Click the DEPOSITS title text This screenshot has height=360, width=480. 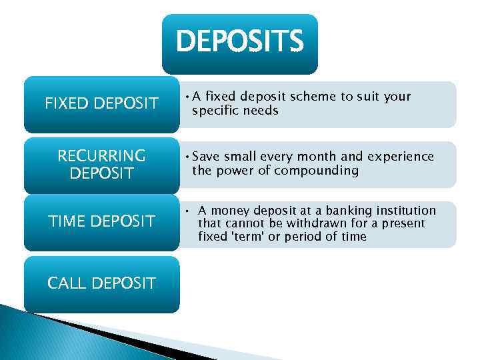pyautogui.click(x=239, y=41)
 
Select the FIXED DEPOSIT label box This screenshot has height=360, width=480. pyautogui.click(x=101, y=104)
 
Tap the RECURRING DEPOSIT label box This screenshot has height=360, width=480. pyautogui.click(x=101, y=165)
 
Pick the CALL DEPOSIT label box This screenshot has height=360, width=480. pyautogui.click(x=101, y=283)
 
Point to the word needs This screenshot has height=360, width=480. pyautogui.click(x=261, y=111)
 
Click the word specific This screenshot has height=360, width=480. pyautogui.click(x=214, y=111)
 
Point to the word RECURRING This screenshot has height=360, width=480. pyautogui.click(x=101, y=156)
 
